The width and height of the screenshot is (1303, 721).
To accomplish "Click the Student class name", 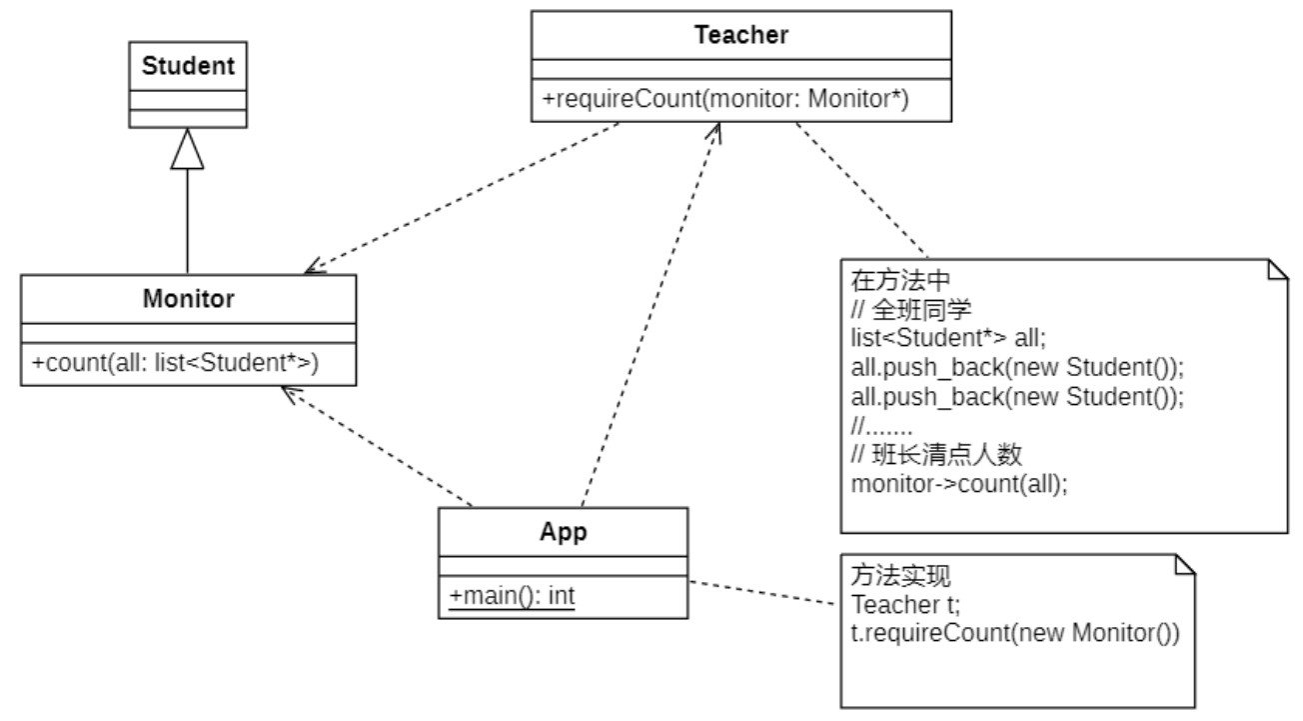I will pyautogui.click(x=188, y=67).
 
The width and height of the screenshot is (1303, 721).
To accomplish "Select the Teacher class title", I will pyautogui.click(x=740, y=36).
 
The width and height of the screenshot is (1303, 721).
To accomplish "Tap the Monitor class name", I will pyautogui.click(x=188, y=298).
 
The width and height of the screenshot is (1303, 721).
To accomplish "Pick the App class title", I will pyautogui.click(x=563, y=531).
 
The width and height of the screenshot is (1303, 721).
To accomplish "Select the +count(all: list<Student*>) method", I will pyautogui.click(x=175, y=363).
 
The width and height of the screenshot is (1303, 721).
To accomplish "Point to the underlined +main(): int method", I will pyautogui.click(x=512, y=596).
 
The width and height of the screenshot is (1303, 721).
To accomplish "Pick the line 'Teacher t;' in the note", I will pyautogui.click(x=891, y=604).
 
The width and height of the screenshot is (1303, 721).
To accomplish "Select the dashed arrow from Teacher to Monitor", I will pyautogui.click(x=460, y=197).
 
